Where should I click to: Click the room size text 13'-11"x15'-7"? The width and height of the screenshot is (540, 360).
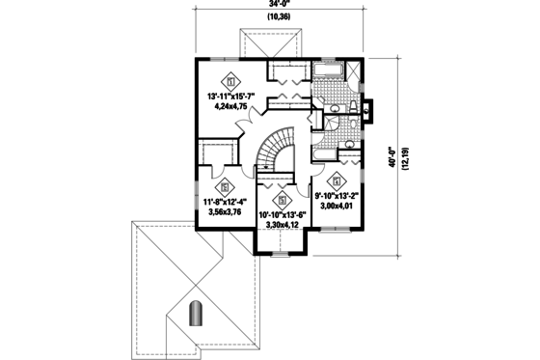(x=234, y=97)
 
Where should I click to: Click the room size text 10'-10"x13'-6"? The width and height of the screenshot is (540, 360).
(x=283, y=214)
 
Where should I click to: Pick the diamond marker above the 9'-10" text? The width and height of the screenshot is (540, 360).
(x=337, y=179)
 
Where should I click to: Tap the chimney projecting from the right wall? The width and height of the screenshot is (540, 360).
(x=366, y=110)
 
